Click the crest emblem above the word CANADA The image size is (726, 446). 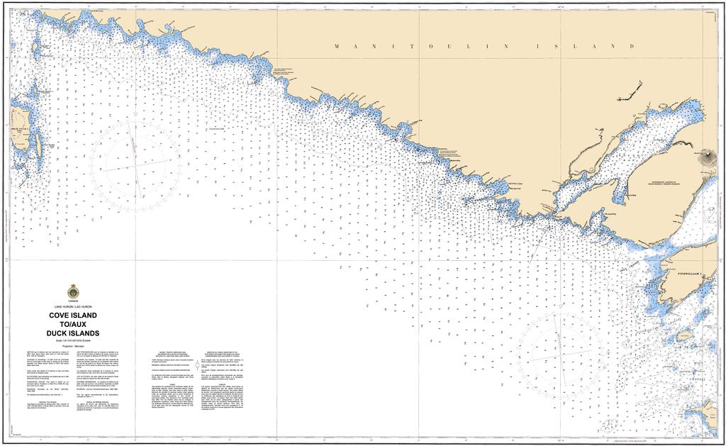[x=74, y=291]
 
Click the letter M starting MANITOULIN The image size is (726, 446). [x=337, y=46]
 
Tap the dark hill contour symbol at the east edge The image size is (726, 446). [x=709, y=157]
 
